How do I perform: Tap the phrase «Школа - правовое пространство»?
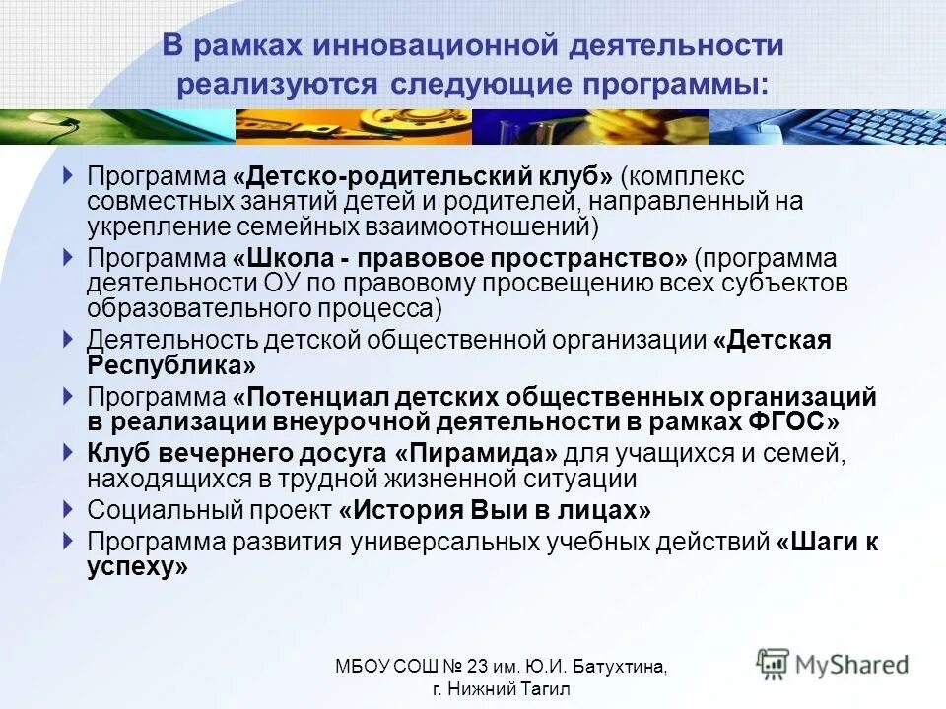[x=460, y=259]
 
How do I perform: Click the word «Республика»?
[x=171, y=365]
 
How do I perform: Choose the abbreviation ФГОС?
[x=801, y=421]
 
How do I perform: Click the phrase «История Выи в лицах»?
[x=495, y=511]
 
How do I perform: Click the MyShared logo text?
[x=851, y=665]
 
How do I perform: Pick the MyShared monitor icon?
[x=774, y=664]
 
